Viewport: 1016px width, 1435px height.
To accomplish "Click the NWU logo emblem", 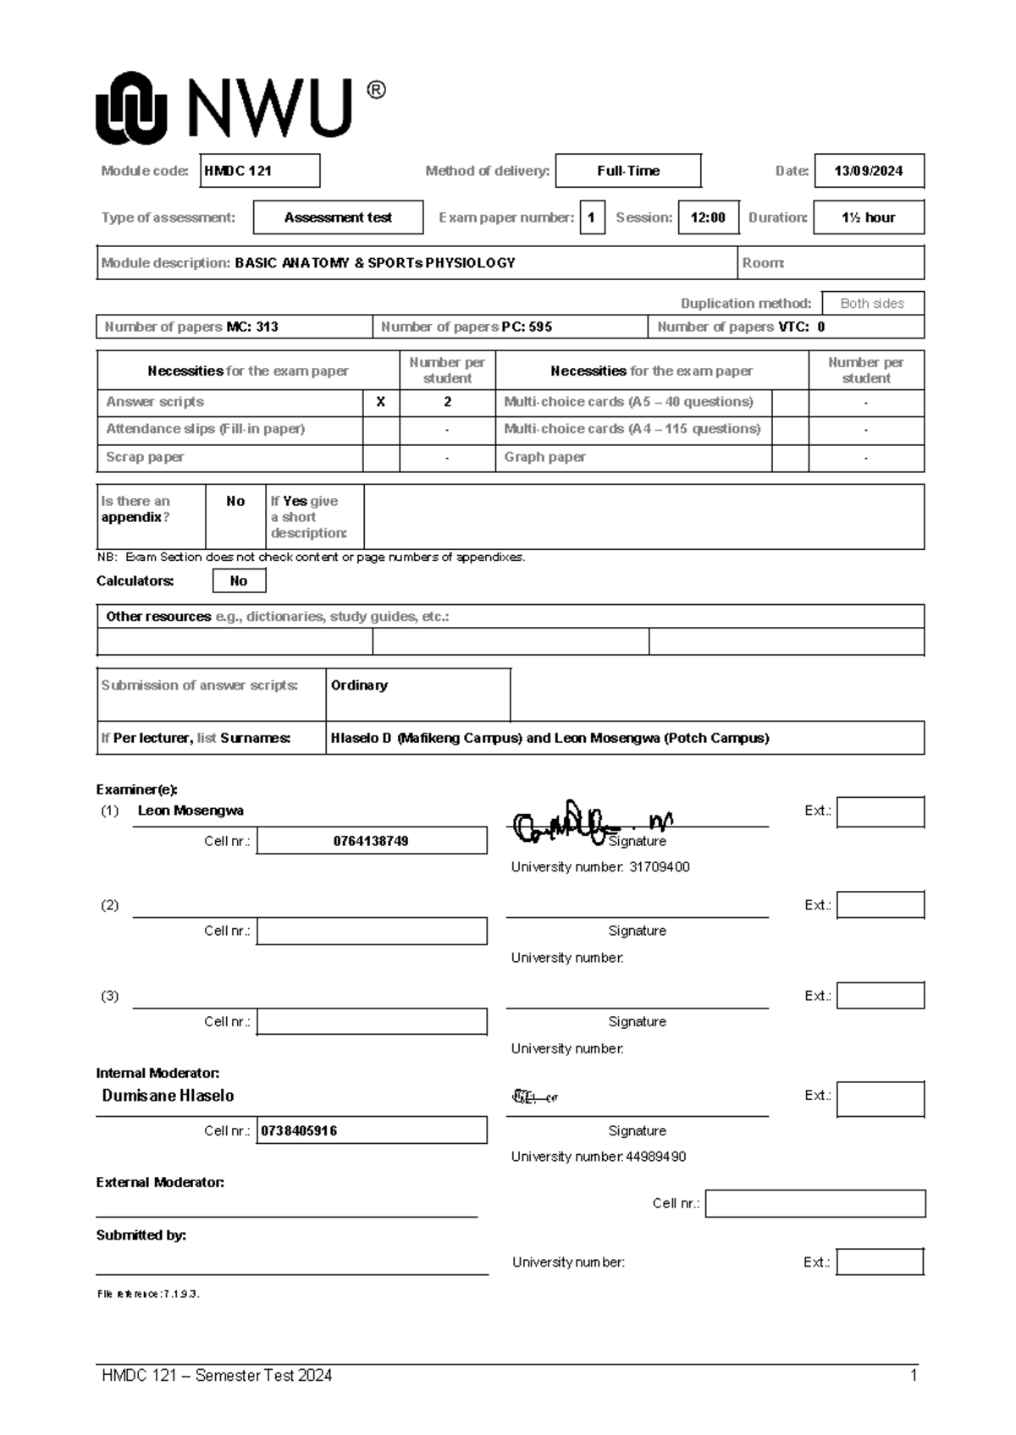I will [130, 107].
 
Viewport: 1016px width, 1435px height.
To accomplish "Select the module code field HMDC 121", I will [259, 171].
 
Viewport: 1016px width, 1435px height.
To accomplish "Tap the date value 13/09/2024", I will [868, 171].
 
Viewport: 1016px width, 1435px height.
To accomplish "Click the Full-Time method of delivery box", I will [627, 171].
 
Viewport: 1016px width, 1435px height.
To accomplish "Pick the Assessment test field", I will [338, 217].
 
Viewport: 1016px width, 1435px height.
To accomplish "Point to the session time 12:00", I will [708, 217].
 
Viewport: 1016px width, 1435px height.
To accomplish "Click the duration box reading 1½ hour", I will [868, 217].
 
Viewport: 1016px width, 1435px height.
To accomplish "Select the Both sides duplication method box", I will [872, 303].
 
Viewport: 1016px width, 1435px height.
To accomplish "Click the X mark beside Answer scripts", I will [380, 403].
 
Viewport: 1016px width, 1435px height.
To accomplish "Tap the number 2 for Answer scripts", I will [447, 403].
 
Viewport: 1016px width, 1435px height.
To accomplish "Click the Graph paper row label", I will [544, 457].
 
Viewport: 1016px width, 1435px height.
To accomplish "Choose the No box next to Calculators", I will [239, 580].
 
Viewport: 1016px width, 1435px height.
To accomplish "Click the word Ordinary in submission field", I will [359, 685].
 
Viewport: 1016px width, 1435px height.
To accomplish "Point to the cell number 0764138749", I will [371, 841].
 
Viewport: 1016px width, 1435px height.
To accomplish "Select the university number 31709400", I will [659, 867].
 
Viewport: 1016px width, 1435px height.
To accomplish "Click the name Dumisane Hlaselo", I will [168, 1096].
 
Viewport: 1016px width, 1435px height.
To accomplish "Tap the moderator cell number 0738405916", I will [299, 1131].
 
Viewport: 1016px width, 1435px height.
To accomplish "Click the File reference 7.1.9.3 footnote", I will [148, 1294].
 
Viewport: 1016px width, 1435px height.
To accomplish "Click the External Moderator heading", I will [160, 1183].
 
